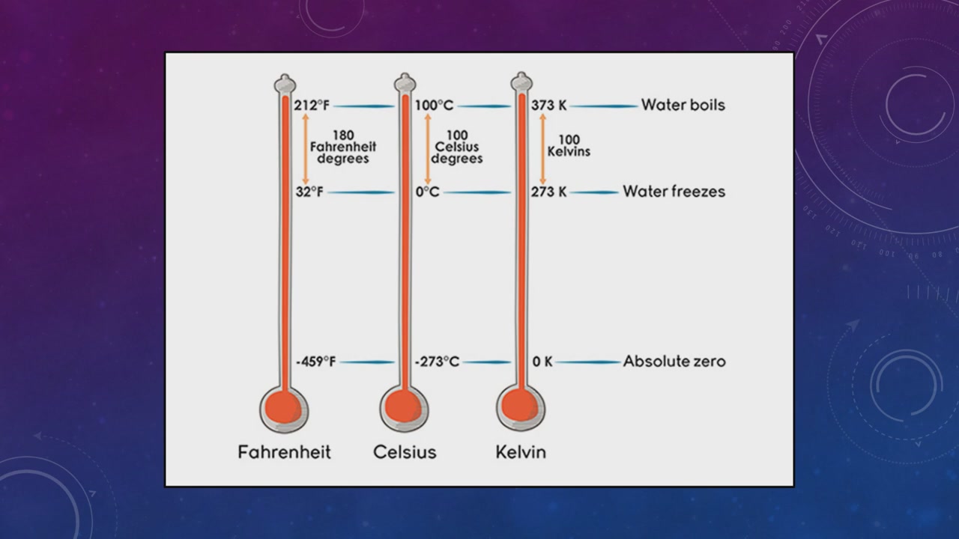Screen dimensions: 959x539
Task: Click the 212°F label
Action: pyautogui.click(x=312, y=106)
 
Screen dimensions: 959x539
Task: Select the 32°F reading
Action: pyautogui.click(x=309, y=192)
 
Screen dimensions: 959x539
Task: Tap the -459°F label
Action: pyautogui.click(x=316, y=362)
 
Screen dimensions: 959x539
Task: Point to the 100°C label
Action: pyautogui.click(x=434, y=106)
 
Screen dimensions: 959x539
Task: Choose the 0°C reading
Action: pyautogui.click(x=428, y=192)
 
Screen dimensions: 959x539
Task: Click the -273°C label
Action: pyautogui.click(x=437, y=362)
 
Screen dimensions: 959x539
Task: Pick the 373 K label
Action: pyautogui.click(x=549, y=106)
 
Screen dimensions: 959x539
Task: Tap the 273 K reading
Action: pyautogui.click(x=549, y=192)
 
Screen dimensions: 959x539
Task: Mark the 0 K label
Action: pyautogui.click(x=542, y=362)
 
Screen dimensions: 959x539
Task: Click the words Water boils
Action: pyautogui.click(x=683, y=105)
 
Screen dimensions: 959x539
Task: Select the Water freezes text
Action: pyautogui.click(x=674, y=191)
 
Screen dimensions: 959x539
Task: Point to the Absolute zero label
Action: pyautogui.click(x=674, y=362)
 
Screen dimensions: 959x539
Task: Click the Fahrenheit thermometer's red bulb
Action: pyautogui.click(x=283, y=408)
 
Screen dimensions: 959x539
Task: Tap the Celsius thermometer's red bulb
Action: pyautogui.click(x=403, y=406)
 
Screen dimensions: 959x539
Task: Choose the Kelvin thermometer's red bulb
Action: pyautogui.click(x=520, y=406)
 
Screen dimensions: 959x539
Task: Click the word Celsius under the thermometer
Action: pyautogui.click(x=405, y=452)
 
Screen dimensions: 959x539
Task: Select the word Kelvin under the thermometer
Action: pyautogui.click(x=521, y=452)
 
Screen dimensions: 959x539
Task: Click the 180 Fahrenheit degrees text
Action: pyautogui.click(x=343, y=147)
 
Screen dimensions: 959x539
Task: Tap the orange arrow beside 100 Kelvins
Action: pyautogui.click(x=543, y=149)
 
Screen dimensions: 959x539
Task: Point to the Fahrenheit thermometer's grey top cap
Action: pyautogui.click(x=285, y=83)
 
